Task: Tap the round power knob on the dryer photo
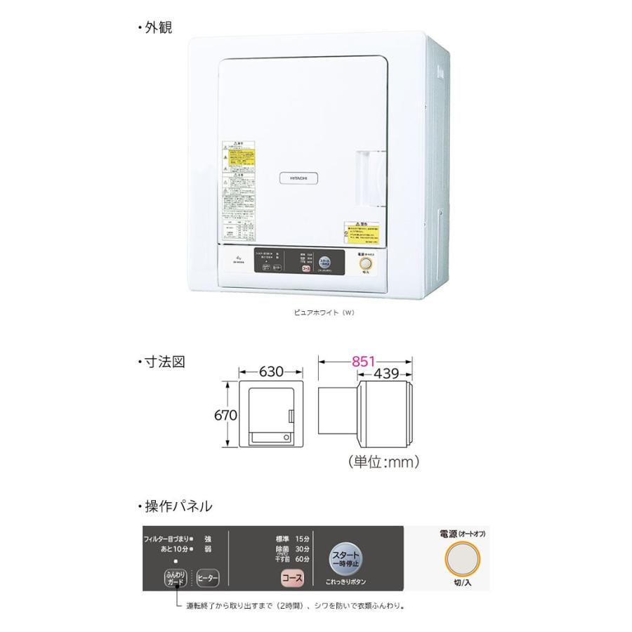pyautogui.click(x=365, y=264)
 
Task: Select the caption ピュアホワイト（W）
pyautogui.click(x=324, y=312)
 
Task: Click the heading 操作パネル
pyautogui.click(x=168, y=506)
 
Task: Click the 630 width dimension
pyautogui.click(x=271, y=371)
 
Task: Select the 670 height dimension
pyautogui.click(x=225, y=414)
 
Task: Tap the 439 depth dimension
pyautogui.click(x=385, y=374)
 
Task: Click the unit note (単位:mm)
pyautogui.click(x=383, y=462)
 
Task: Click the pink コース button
pyautogui.click(x=291, y=578)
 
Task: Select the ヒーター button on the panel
pyautogui.click(x=207, y=579)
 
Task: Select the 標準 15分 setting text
pyautogui.click(x=293, y=539)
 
